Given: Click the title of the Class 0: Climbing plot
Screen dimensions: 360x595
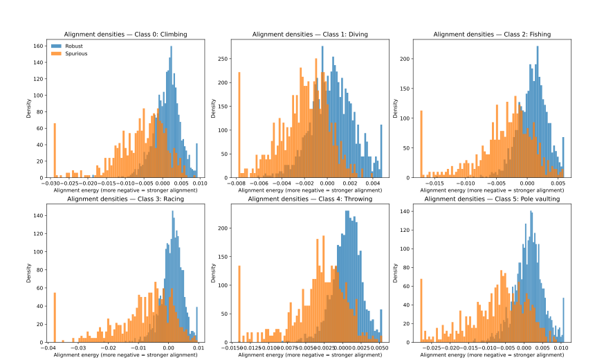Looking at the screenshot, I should pyautogui.click(x=125, y=34).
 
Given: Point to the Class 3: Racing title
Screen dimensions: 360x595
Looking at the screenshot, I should pyautogui.click(x=125, y=199).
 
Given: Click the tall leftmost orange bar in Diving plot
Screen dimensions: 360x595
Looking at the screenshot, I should pyautogui.click(x=239, y=125).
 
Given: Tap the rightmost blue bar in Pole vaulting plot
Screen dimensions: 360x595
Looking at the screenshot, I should pyautogui.click(x=563, y=319).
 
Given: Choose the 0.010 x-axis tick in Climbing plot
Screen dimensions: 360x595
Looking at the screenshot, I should pyautogui.click(x=200, y=183).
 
